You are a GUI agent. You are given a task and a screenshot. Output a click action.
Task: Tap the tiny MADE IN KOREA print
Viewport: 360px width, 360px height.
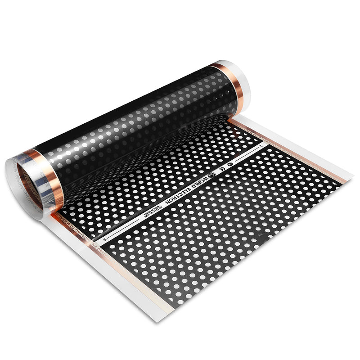point(148,216)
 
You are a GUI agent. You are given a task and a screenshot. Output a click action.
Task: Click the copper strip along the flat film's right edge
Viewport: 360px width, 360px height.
point(297,148)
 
